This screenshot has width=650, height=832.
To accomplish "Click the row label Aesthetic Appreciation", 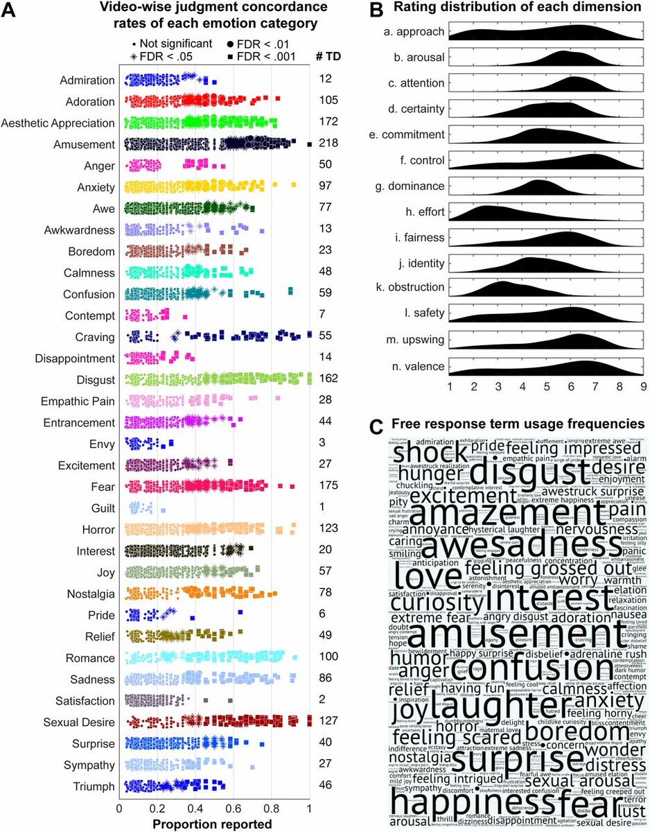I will tap(58, 123).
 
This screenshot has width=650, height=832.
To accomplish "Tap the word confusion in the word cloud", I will tap(535, 670).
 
